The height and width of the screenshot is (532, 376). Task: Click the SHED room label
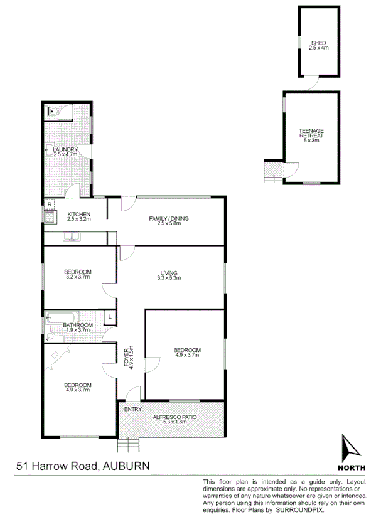319,42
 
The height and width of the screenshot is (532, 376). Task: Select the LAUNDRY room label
65,149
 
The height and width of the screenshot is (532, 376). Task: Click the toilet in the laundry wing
53,112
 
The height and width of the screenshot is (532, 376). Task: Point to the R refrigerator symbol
49,204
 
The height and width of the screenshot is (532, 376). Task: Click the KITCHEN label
79,215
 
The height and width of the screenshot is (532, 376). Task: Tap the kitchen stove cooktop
49,218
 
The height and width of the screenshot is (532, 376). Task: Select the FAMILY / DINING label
168,218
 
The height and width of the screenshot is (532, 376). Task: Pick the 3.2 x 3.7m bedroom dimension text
78,277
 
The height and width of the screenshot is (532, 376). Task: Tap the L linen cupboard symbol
110,317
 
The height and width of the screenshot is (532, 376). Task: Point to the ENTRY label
133,409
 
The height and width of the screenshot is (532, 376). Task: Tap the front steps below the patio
128,445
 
